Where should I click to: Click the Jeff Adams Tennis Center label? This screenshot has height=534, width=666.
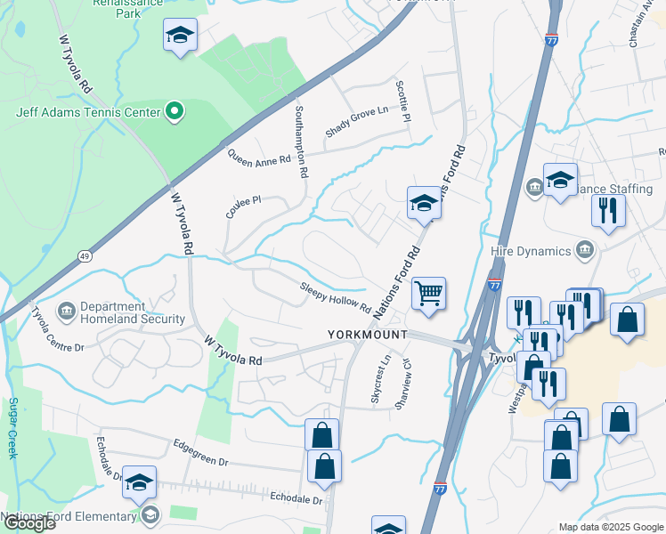pos(87,113)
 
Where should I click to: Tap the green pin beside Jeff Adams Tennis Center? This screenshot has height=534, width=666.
pos(175,112)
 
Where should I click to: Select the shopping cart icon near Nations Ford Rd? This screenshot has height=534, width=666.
pos(429,293)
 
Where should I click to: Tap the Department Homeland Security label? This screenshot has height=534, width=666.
pos(133,312)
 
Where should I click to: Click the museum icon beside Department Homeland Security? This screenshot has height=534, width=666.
pos(67,311)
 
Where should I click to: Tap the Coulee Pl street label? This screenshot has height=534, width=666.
pos(242,208)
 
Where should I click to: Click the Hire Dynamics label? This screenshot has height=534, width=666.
pos(530,251)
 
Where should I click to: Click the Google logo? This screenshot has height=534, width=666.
pos(28,523)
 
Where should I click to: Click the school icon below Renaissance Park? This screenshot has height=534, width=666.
pos(180,36)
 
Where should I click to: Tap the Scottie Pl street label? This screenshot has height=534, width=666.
pos(402,101)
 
